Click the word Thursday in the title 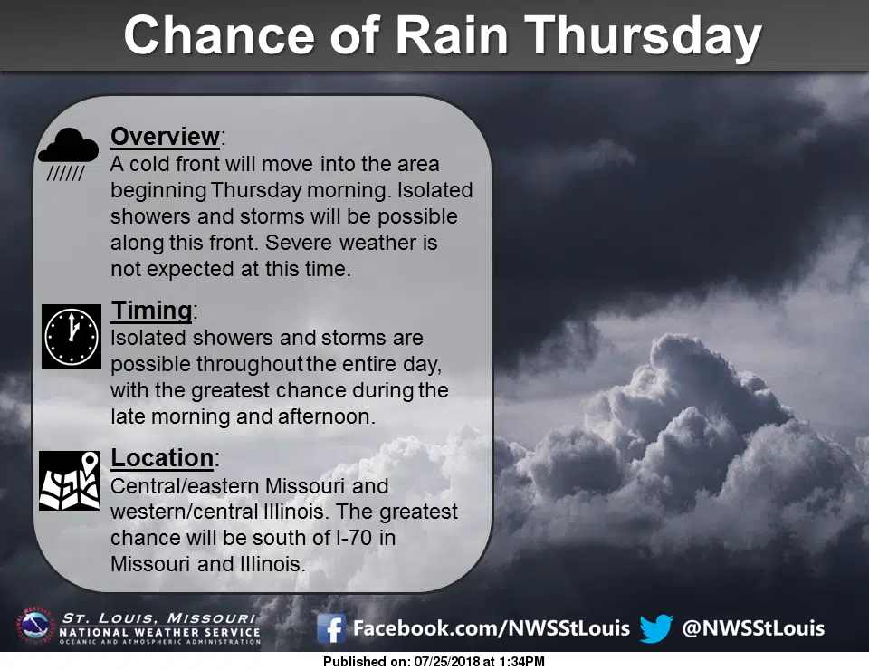coord(643,36)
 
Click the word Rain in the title coord(453,35)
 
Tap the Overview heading coord(165,136)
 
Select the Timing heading coord(151,311)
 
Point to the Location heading coord(162,458)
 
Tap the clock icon coord(72,337)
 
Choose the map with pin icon coord(70,481)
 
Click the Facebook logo coord(331,628)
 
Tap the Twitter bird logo coord(657,628)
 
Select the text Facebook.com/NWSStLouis coord(491,628)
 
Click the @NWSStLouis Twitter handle coord(753,628)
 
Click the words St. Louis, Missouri coord(158,617)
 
